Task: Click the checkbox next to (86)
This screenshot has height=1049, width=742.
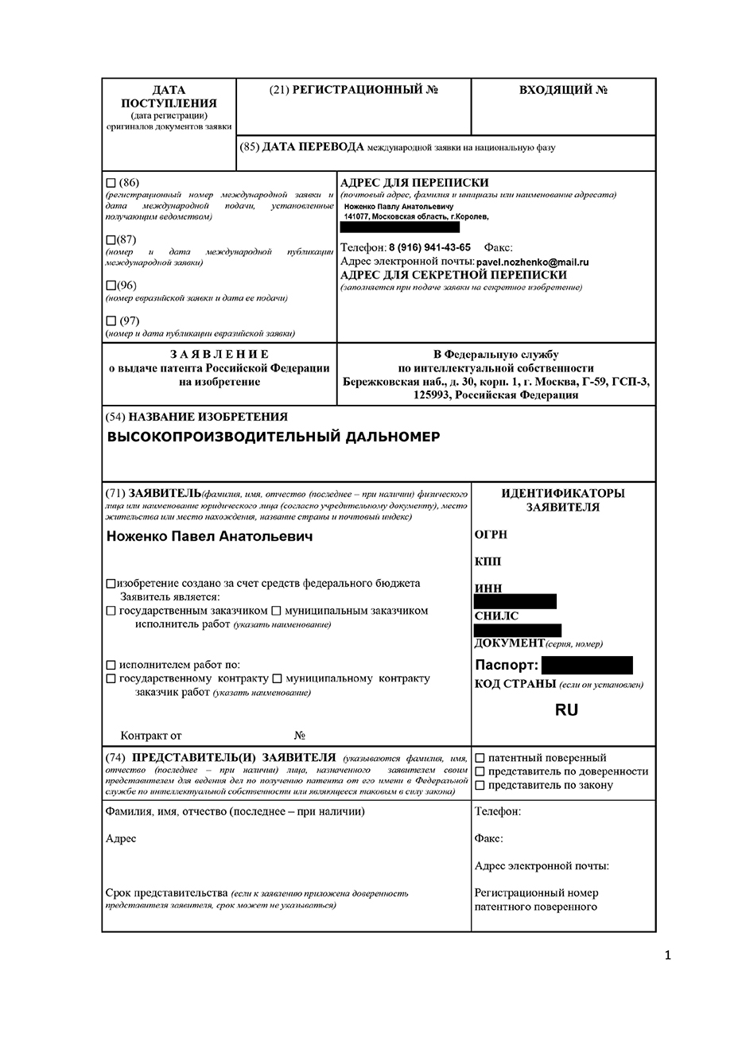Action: tap(111, 183)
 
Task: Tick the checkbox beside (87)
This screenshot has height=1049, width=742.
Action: tap(110, 239)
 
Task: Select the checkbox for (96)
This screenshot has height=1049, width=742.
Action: tap(110, 285)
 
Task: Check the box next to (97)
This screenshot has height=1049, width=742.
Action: tap(111, 321)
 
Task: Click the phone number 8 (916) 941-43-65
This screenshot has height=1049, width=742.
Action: tap(429, 247)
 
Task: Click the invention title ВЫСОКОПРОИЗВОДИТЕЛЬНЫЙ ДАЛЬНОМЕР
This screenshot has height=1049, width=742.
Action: tap(273, 437)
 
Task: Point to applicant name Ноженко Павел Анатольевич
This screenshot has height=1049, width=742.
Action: tap(209, 537)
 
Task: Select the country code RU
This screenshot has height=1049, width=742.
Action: tap(566, 710)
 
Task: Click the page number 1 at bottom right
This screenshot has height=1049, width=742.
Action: tap(667, 955)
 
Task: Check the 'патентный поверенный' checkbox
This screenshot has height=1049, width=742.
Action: tap(480, 758)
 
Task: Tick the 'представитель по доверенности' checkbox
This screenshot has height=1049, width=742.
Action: tap(480, 771)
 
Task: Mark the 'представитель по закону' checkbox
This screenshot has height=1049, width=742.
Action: tap(480, 785)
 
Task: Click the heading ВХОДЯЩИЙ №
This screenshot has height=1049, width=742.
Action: tap(563, 90)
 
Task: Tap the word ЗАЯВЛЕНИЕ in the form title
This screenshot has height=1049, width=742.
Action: tap(219, 354)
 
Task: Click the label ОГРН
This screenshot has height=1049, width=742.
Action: tap(491, 534)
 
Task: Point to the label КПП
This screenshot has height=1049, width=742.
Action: tap(488, 561)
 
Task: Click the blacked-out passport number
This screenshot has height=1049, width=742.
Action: tap(587, 666)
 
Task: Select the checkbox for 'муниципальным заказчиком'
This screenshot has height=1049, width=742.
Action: tap(276, 611)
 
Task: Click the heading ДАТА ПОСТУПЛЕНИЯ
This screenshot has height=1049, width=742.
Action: tap(169, 96)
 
